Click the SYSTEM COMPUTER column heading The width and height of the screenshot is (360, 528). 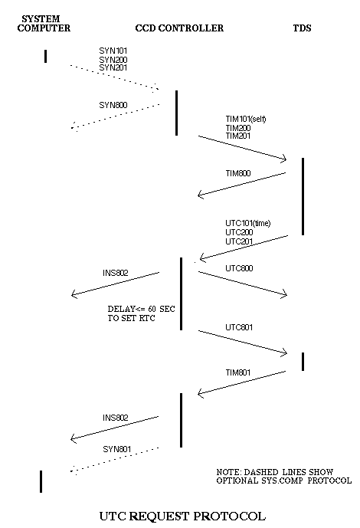coord(44,24)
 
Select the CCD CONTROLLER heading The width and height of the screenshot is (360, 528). coord(179,28)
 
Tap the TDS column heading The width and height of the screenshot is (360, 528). coord(302,28)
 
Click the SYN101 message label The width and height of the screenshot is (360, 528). coord(113,51)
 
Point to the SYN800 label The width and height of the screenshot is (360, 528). coord(113,105)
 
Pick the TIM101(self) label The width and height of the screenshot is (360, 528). coord(246,119)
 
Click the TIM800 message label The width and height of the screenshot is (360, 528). coord(238,173)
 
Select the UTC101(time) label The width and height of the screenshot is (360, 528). coord(248,223)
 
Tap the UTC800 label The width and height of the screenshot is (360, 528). coord(239,268)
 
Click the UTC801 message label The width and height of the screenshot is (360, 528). coord(239,327)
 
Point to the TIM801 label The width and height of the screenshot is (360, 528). coord(238,372)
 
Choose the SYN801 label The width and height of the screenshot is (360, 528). coord(116,449)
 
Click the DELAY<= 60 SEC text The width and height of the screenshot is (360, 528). coord(141,309)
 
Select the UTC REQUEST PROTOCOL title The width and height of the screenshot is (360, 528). coord(182,516)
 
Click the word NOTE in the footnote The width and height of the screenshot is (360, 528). coord(228,472)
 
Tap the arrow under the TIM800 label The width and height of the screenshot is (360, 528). coord(241,184)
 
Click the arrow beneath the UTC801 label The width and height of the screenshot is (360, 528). coord(243,342)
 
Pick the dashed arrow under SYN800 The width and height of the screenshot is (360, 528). coord(116,116)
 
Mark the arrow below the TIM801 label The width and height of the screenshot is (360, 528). coord(241,382)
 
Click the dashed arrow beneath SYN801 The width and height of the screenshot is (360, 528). coord(114,460)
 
